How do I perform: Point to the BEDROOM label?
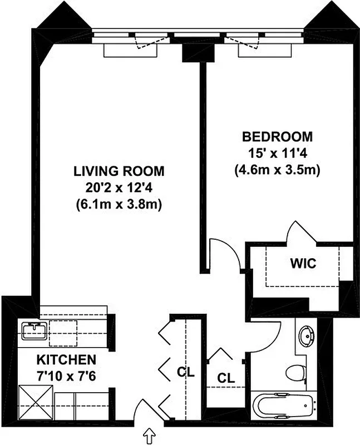pos(277,136)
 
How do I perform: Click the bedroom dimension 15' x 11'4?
pos(277,153)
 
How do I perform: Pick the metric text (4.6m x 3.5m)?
pos(277,170)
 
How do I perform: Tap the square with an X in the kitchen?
pos(35,403)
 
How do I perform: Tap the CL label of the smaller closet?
pos(225,378)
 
